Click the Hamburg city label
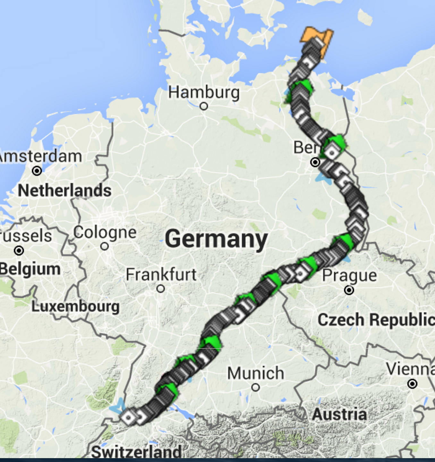(204, 93)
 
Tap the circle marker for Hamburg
(204, 106)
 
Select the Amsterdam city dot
(37, 171)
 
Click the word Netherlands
(65, 191)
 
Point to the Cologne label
(105, 232)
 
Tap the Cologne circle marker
(105, 246)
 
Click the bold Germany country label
(216, 239)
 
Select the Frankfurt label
(161, 275)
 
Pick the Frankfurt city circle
(161, 289)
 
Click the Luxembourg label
(76, 307)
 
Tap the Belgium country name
(30, 269)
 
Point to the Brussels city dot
(19, 250)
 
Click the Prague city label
(349, 275)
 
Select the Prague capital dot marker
(349, 290)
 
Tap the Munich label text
(256, 373)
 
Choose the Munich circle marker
(255, 388)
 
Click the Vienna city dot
(412, 384)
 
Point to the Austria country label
(339, 414)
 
